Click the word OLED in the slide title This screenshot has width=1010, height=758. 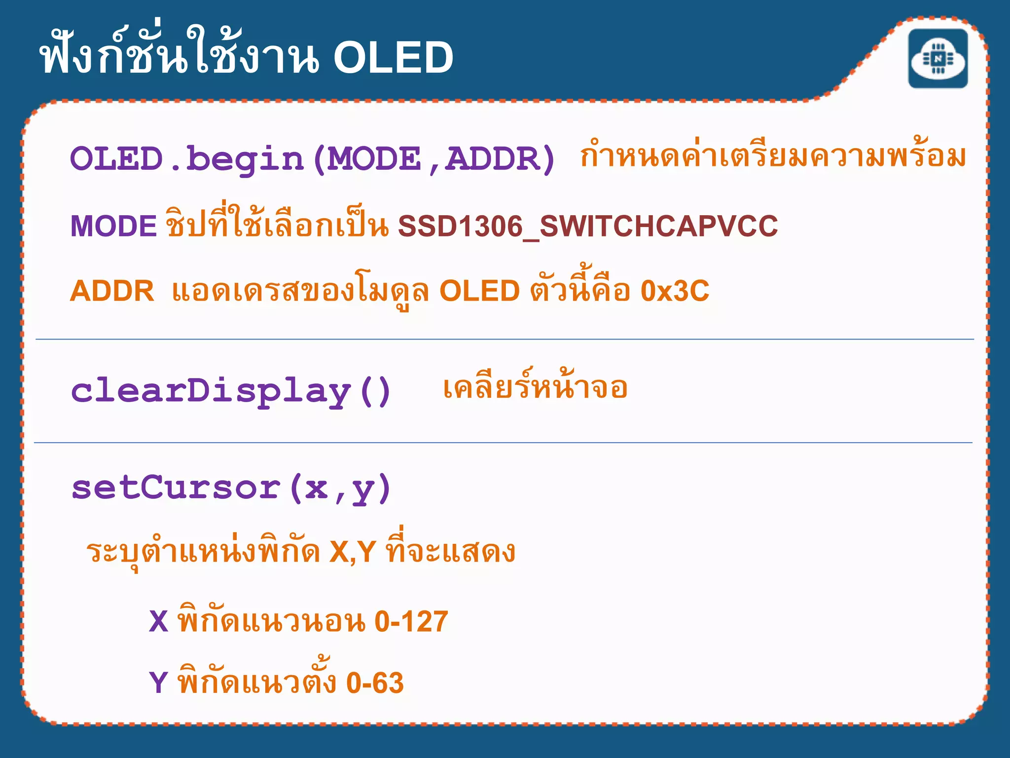click(393, 58)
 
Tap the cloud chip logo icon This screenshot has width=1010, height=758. click(938, 59)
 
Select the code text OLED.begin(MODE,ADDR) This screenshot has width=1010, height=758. click(313, 159)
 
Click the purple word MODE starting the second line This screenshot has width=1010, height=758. click(113, 226)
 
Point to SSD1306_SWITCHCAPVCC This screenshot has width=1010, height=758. click(587, 226)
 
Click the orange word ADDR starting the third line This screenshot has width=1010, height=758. click(112, 291)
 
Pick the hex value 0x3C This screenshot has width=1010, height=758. click(674, 291)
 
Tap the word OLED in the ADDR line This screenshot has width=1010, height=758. click(479, 291)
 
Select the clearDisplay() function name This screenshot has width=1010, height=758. click(231, 391)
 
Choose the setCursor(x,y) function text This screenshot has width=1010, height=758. click(231, 489)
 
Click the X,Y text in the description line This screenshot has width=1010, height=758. click(352, 552)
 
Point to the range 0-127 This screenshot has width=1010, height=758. click(411, 621)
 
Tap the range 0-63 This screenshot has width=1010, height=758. click(375, 683)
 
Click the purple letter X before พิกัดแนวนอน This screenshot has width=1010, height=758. click(158, 621)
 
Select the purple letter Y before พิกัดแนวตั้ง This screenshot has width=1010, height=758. click(158, 683)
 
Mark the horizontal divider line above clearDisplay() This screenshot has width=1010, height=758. click(504, 340)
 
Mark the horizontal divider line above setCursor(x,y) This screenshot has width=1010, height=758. click(503, 443)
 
